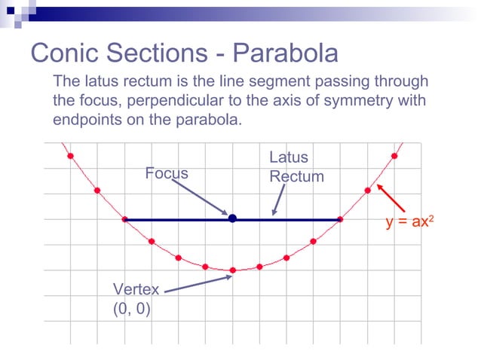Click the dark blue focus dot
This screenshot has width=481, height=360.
point(232,218)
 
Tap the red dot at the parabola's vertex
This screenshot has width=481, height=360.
point(232,270)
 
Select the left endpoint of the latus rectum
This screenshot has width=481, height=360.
point(124,219)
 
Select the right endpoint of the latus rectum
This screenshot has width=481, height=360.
point(340,219)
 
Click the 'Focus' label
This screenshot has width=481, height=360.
point(167,173)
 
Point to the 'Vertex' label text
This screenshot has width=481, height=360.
point(136,289)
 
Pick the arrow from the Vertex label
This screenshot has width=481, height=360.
point(196,284)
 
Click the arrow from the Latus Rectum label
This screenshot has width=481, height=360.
point(279,200)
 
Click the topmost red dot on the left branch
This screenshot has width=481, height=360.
point(70,156)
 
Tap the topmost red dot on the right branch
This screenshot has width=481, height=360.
point(394,156)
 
